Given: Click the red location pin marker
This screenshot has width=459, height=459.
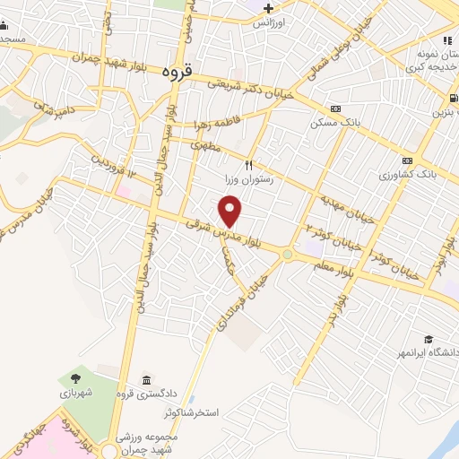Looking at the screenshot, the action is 231,212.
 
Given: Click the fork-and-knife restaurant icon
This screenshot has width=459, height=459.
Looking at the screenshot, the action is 249,165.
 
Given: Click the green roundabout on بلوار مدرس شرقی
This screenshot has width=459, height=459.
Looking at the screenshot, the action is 287,255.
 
